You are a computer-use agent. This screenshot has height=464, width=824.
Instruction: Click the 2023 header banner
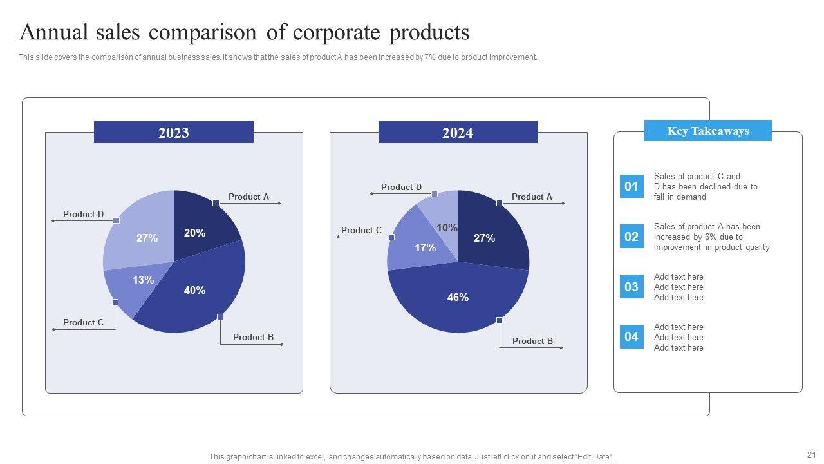174,133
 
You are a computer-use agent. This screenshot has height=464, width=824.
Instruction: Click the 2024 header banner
458,133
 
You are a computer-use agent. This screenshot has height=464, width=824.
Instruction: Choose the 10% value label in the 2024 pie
447,227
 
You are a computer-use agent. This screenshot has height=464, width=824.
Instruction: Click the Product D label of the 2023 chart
83,214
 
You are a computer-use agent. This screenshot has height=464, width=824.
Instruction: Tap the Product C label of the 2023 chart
83,322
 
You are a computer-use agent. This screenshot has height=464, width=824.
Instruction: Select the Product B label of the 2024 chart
532,341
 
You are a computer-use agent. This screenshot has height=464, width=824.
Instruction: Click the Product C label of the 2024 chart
361,230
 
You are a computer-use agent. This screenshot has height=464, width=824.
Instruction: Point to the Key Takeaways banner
707,131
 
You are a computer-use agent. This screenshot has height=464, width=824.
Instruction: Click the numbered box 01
632,186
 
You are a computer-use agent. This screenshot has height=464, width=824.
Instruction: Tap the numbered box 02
632,237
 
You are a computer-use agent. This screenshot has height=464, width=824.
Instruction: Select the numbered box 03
632,287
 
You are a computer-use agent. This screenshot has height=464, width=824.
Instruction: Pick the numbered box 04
632,336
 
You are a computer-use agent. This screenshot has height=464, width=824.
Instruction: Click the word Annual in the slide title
57,32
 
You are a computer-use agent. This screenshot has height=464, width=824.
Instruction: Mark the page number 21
810,454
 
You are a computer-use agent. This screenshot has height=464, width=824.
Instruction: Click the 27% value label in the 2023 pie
147,238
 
